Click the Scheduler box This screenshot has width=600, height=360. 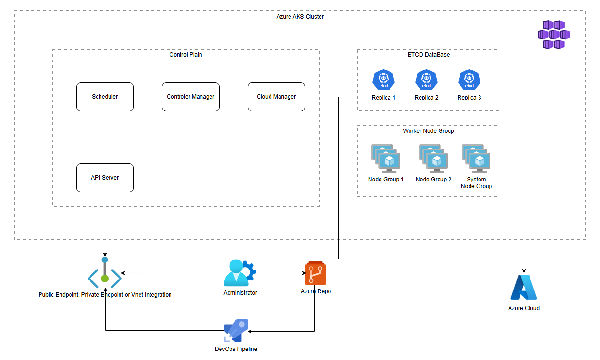tap(105, 97)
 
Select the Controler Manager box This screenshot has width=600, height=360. tap(190, 97)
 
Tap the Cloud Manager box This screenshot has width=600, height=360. tap(276, 97)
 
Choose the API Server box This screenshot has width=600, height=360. tap(105, 178)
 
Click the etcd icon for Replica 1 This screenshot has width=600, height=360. tap(383, 80)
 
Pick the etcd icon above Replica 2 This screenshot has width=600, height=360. tap(426, 80)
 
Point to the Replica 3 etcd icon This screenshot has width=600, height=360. tap(469, 80)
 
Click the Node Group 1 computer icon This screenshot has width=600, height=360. tap(386, 159)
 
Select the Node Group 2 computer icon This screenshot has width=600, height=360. tap(433, 159)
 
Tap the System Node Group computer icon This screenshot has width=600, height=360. tap(476, 159)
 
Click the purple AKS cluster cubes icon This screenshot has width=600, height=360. tap(554, 34)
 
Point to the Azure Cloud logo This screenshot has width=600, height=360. tap(524, 287)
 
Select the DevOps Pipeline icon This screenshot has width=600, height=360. tap(236, 330)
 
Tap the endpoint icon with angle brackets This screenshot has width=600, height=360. tap(105, 273)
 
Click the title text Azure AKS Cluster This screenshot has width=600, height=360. tap(300, 17)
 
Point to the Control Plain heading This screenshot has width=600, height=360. tap(186, 55)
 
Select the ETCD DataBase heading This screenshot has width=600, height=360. tap(429, 55)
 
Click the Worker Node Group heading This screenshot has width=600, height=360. tap(429, 131)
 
